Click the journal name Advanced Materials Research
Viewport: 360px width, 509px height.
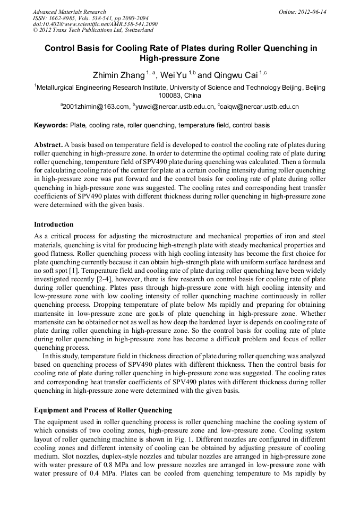(69, 12)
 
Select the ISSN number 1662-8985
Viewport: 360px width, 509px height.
(61, 18)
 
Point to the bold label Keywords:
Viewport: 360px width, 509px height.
(51, 126)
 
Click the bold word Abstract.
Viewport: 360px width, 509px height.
(48, 145)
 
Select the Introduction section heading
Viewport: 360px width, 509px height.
(54, 225)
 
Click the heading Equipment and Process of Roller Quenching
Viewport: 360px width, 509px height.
(103, 410)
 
